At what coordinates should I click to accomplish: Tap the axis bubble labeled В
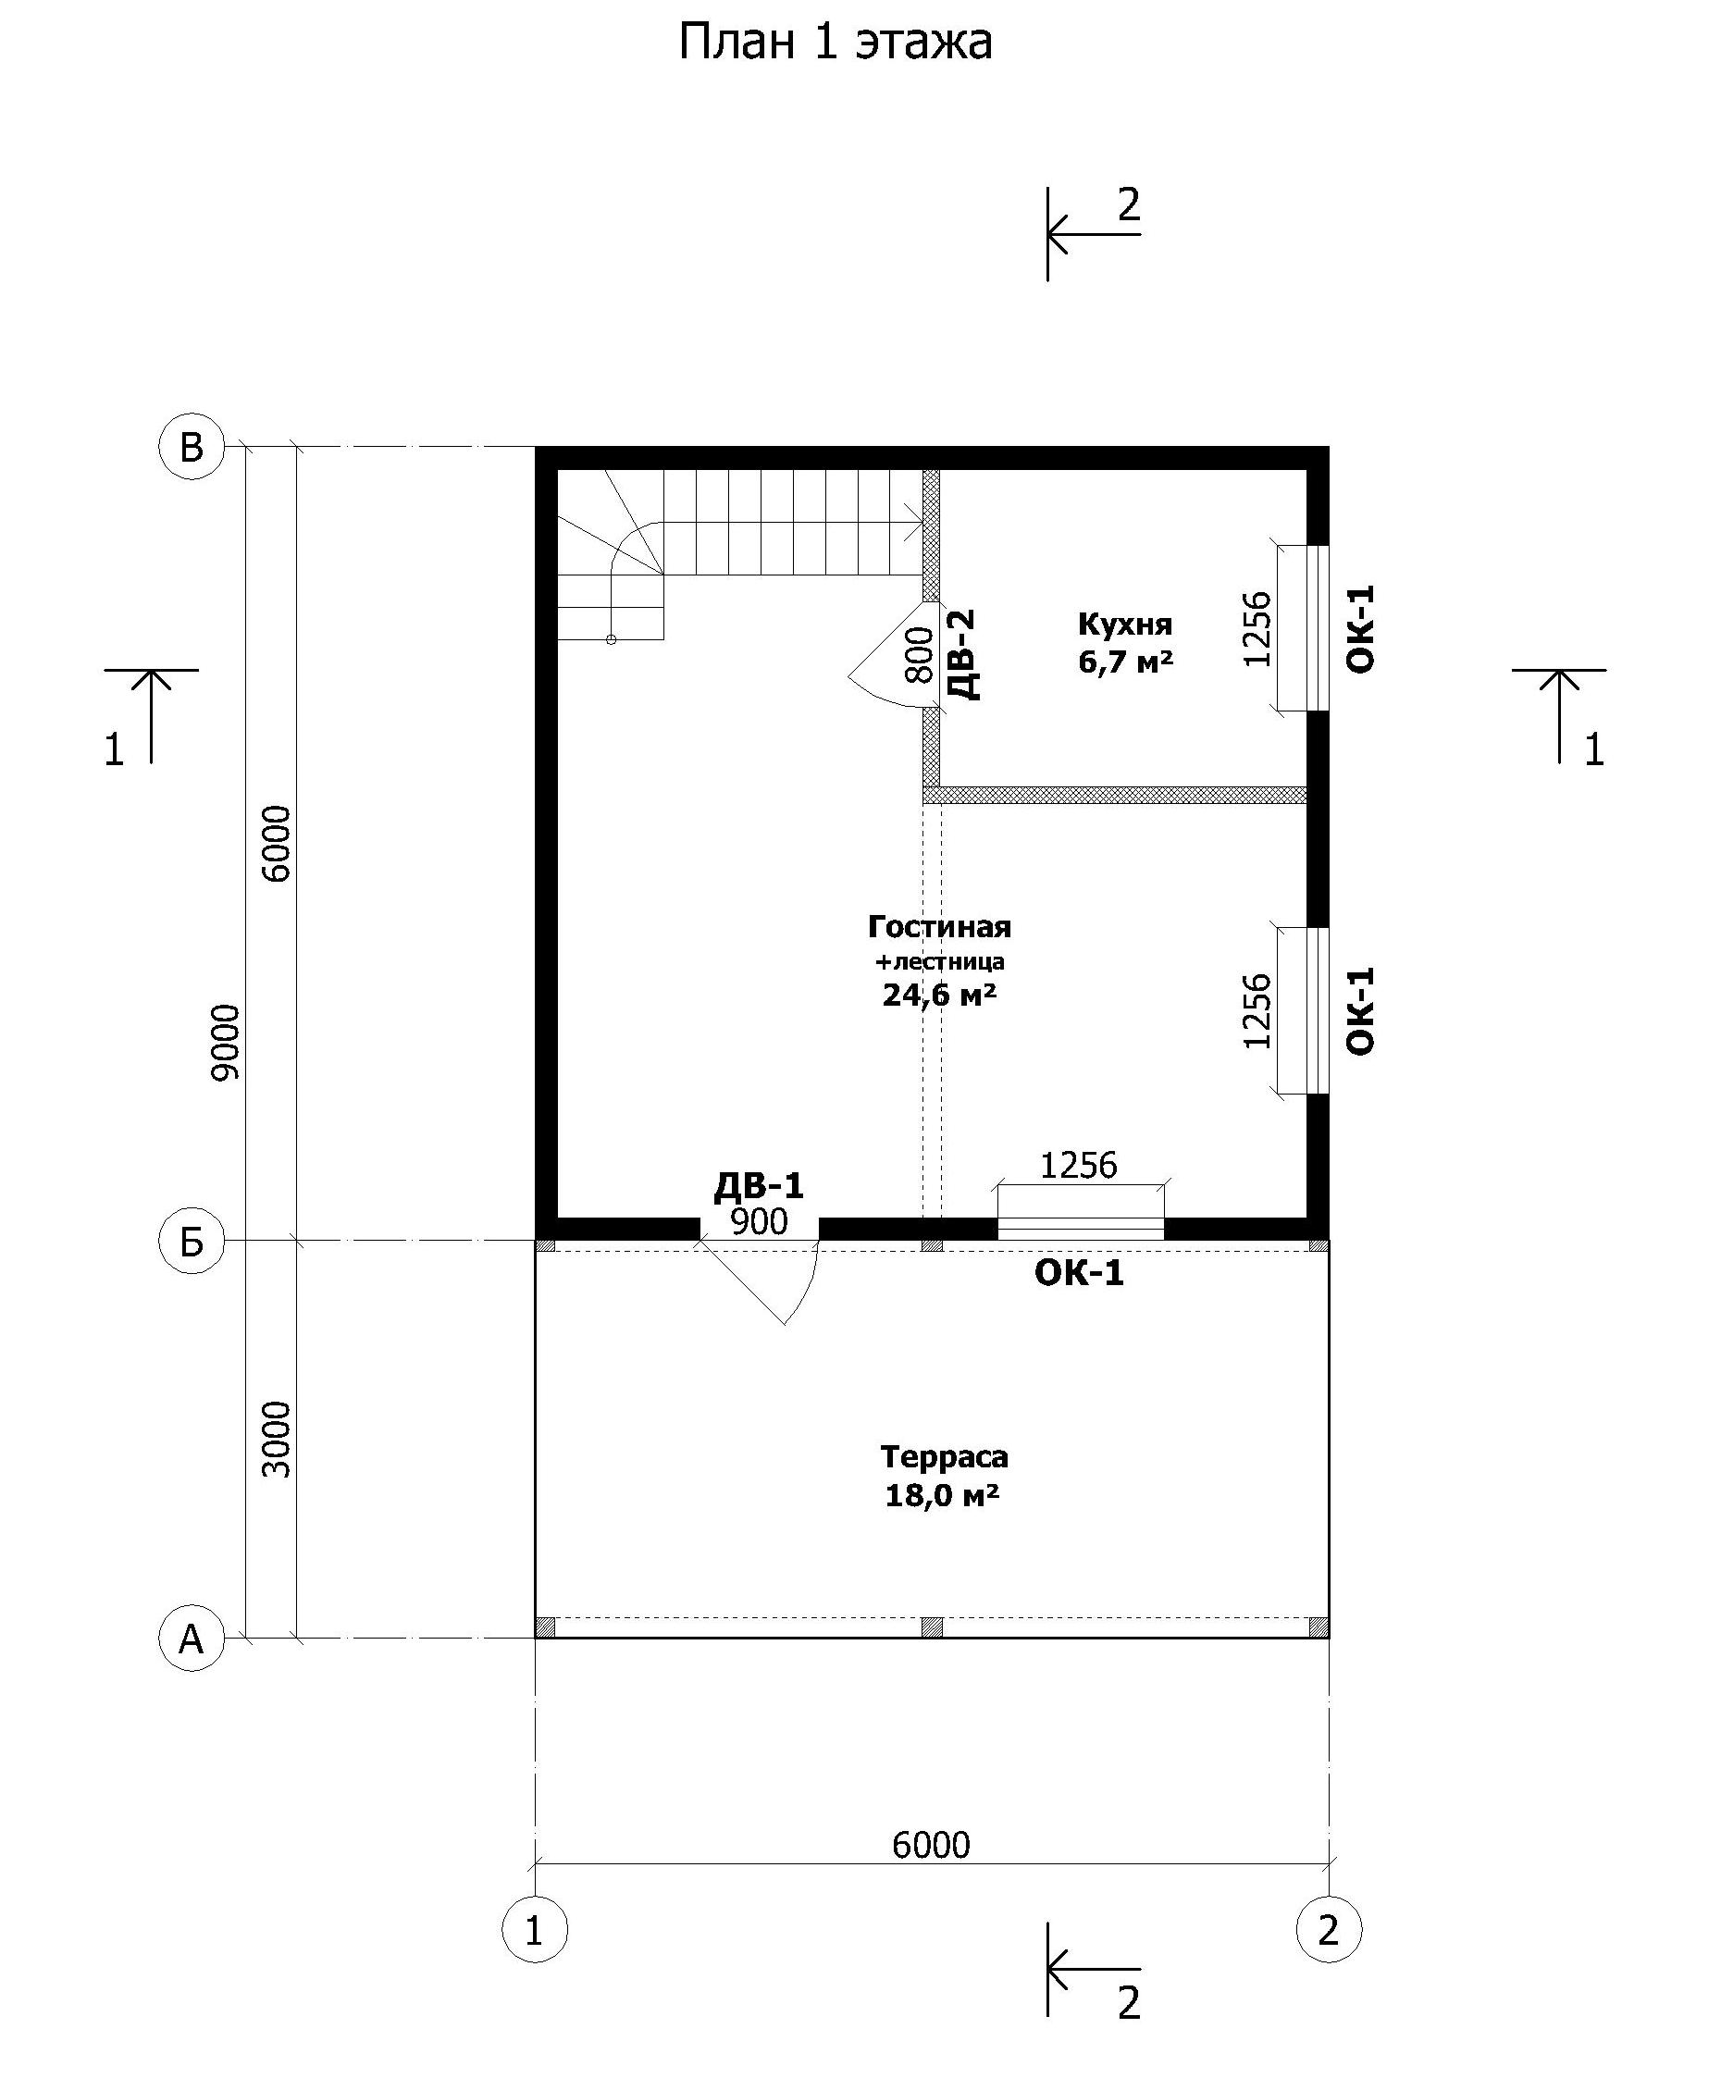(191, 447)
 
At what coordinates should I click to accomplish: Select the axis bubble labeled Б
(191, 1241)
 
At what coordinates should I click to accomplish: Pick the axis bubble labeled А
(191, 1639)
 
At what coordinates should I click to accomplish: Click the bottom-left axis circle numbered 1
(535, 1930)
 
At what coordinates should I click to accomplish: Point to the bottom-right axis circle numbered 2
(1329, 1930)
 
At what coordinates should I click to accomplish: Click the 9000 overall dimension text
(226, 1043)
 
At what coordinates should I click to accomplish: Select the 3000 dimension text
(279, 1440)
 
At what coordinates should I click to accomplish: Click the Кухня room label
(1125, 625)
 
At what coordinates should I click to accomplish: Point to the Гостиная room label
(939, 927)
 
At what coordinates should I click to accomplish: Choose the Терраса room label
(944, 1456)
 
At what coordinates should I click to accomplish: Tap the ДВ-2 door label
(963, 654)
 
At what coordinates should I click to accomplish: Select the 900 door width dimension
(759, 1222)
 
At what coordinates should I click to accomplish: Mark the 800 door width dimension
(920, 654)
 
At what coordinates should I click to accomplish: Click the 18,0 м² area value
(942, 1494)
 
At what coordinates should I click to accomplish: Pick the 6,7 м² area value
(1126, 660)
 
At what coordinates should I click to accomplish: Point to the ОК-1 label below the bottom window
(1080, 1272)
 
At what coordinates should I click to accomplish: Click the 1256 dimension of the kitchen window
(1257, 628)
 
